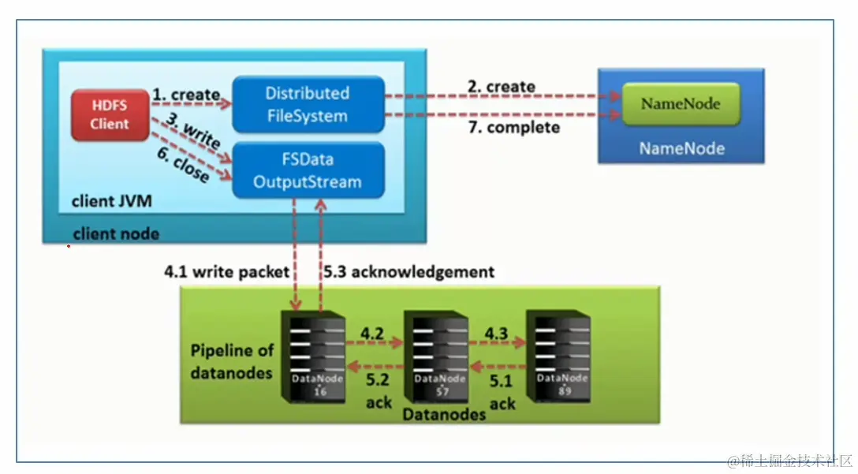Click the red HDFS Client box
click(x=109, y=115)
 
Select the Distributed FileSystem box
click(x=308, y=104)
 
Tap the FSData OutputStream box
click(x=308, y=170)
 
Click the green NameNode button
click(x=681, y=103)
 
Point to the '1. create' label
click(x=186, y=95)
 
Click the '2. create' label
click(x=501, y=86)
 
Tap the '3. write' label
click(x=192, y=133)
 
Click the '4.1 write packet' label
click(x=227, y=271)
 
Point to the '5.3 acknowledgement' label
click(x=409, y=271)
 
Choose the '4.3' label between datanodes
click(x=496, y=333)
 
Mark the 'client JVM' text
click(x=111, y=201)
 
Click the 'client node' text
click(x=115, y=233)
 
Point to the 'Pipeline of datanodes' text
click(x=232, y=360)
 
